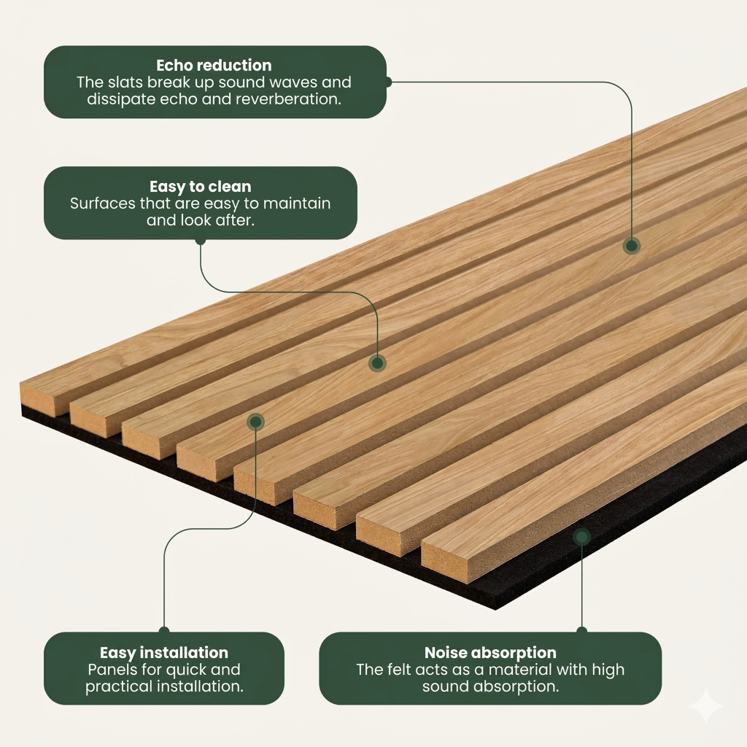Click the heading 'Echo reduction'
[214, 66]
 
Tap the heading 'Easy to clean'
[200, 187]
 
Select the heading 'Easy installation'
[163, 653]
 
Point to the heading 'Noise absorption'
[490, 653]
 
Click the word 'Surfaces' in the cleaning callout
[103, 204]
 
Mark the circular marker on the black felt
[581, 537]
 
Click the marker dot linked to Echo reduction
[631, 246]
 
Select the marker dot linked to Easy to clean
[377, 363]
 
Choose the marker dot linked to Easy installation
[255, 422]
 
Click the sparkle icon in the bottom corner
[706, 706]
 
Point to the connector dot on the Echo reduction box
[388, 82]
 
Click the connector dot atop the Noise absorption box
[581, 630]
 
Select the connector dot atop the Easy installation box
[164, 630]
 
